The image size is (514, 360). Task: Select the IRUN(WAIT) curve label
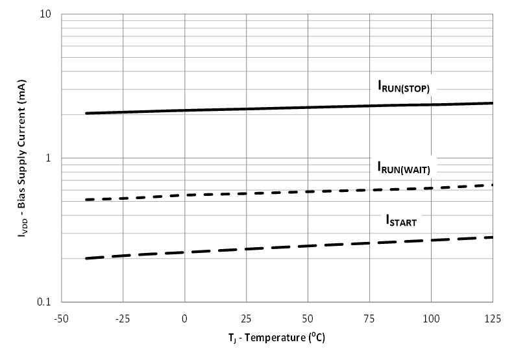pyautogui.click(x=404, y=167)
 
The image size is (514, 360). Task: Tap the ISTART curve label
pyautogui.click(x=400, y=221)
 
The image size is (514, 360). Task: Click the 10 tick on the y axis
pyautogui.click(x=47, y=14)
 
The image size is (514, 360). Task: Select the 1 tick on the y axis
pyautogui.click(x=51, y=158)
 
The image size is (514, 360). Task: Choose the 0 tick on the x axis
pyautogui.click(x=185, y=318)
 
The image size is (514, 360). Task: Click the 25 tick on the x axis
pyautogui.click(x=247, y=318)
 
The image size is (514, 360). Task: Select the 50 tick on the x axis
pyautogui.click(x=308, y=318)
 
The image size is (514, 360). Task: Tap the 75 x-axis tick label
pyautogui.click(x=370, y=318)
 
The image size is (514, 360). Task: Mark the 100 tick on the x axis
pyautogui.click(x=431, y=318)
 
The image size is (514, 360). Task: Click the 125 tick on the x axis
pyautogui.click(x=493, y=318)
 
